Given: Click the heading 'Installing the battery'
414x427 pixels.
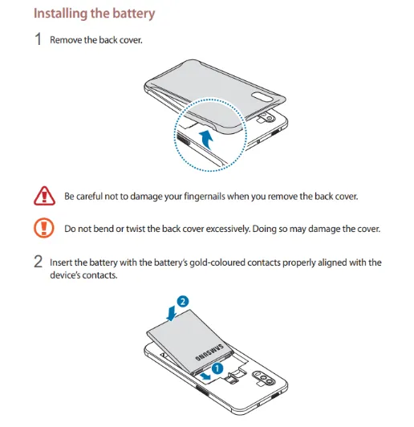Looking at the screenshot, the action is click(x=94, y=14).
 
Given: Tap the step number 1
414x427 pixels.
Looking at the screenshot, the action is click(x=38, y=39).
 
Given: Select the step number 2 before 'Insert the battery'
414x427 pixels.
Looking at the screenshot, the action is click(x=38, y=262).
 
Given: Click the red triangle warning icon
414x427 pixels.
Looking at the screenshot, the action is click(x=44, y=196).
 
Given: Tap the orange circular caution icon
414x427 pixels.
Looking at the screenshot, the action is click(x=44, y=228).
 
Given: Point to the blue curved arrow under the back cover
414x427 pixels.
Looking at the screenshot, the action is click(x=207, y=139).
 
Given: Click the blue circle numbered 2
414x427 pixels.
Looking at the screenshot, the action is click(x=183, y=302).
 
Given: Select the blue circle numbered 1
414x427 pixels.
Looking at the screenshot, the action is click(x=217, y=368).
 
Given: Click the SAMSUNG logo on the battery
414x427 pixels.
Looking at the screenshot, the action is click(x=209, y=352).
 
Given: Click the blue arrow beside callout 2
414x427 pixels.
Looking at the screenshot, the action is click(x=172, y=313).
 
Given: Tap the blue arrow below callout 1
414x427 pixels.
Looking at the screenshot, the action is click(x=205, y=376).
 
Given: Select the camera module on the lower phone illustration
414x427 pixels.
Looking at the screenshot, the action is click(x=262, y=378).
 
